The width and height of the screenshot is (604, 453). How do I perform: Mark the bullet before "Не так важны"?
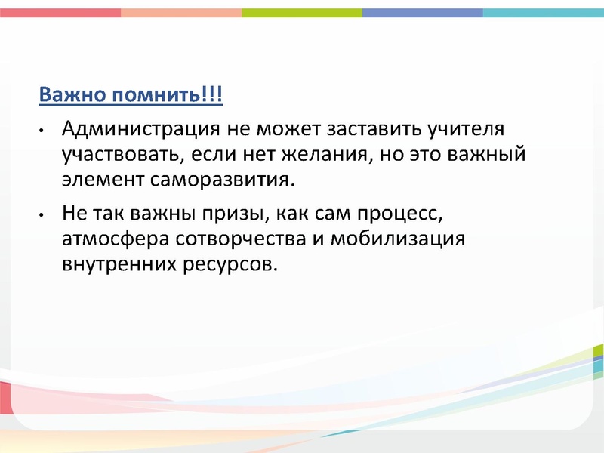point(43,214)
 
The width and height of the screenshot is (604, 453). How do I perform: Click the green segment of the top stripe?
point(302,13)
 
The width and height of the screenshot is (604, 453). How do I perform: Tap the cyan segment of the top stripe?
point(544,13)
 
